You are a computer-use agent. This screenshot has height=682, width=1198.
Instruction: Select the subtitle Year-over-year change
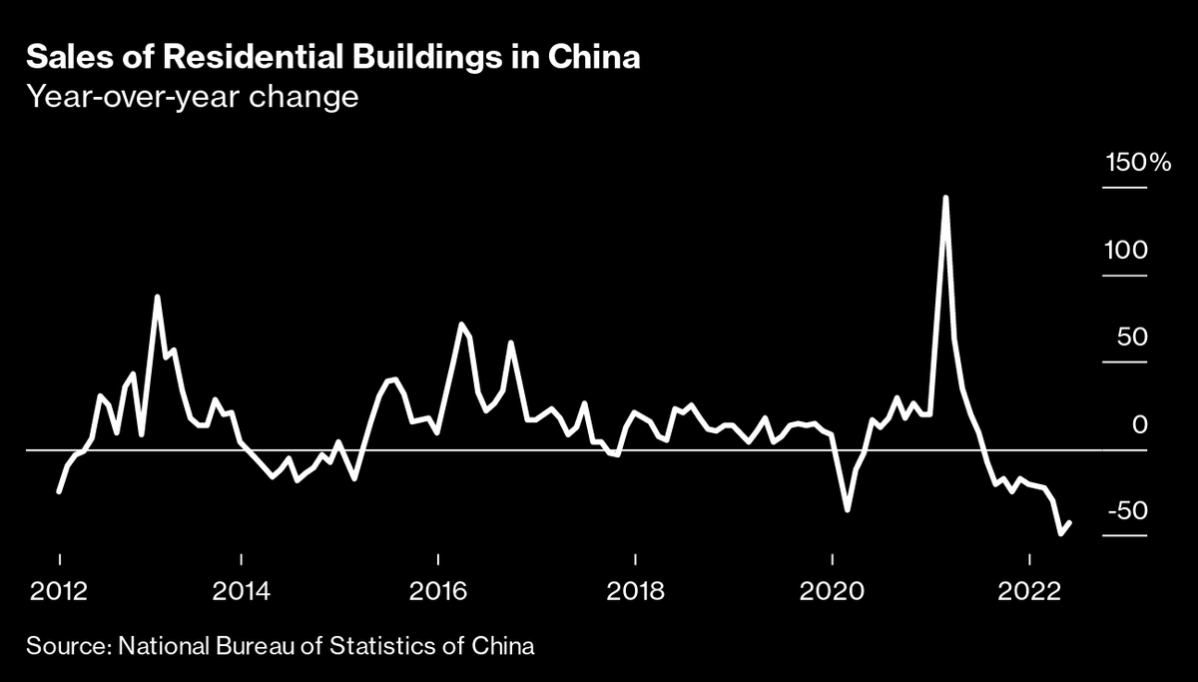(193, 99)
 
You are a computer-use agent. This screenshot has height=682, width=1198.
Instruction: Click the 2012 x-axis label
(58, 590)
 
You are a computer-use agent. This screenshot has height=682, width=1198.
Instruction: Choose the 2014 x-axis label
(241, 590)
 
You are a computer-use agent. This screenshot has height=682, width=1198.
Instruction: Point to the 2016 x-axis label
(437, 590)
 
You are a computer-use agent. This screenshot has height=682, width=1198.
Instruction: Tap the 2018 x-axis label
(635, 590)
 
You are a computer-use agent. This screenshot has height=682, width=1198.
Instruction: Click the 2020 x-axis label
(832, 590)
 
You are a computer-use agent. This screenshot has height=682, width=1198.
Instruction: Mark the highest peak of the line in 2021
(944, 198)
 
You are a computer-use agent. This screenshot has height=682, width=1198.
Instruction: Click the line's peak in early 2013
(158, 297)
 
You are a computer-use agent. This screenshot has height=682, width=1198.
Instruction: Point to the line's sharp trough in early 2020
(848, 509)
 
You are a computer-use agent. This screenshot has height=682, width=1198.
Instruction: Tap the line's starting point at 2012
(59, 491)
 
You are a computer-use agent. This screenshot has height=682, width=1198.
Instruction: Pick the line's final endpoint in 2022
(1070, 522)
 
